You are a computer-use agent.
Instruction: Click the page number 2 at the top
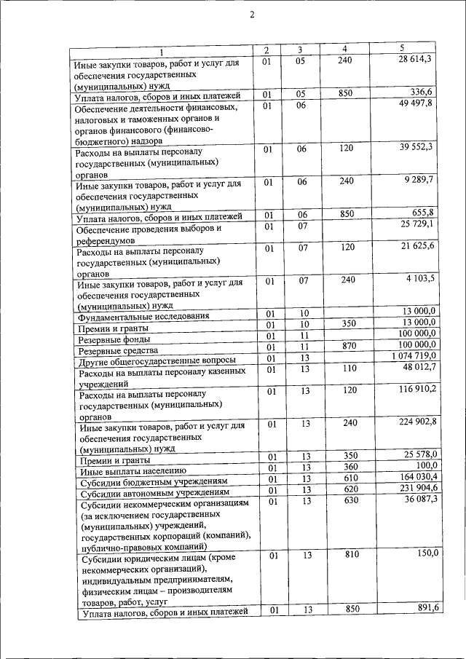[251, 15]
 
